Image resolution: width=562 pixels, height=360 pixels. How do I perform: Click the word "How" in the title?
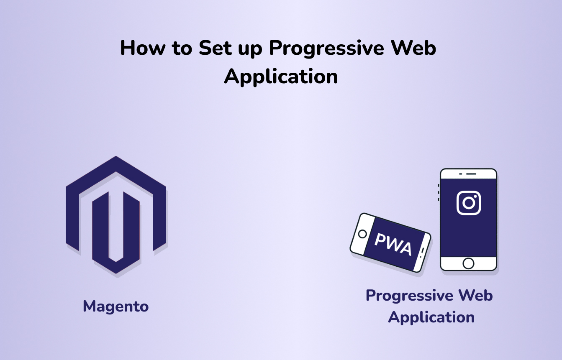point(143,48)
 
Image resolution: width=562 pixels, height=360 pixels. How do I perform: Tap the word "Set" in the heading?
point(215,48)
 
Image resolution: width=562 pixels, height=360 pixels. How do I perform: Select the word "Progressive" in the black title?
point(326,49)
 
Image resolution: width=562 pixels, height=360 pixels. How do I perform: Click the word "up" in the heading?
point(250,50)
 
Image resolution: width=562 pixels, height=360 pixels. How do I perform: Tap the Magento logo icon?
point(116,215)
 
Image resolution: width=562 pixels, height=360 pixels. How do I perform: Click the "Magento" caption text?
point(116,307)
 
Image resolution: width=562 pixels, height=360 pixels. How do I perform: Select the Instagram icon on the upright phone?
point(469,203)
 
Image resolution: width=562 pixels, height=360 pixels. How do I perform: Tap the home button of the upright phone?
point(468,263)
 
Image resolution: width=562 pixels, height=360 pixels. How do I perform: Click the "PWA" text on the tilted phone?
point(393,245)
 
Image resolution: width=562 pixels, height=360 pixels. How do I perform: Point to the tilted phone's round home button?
point(362,234)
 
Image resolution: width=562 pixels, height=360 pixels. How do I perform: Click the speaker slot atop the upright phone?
point(471,174)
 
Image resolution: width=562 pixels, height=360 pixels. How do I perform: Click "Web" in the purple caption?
point(476,295)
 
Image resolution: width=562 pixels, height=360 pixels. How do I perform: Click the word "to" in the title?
point(182,48)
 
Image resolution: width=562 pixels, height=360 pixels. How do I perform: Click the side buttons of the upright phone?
point(439,192)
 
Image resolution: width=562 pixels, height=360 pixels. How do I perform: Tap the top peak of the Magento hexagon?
point(116,156)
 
